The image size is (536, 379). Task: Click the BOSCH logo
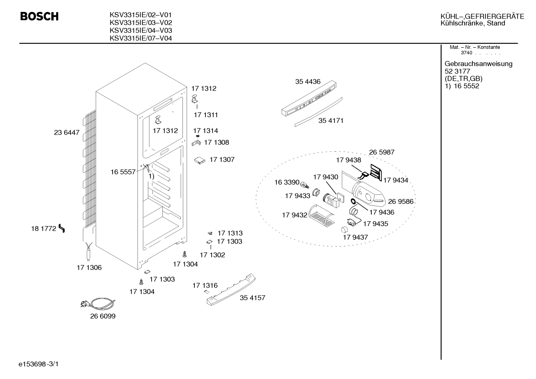click(x=39, y=16)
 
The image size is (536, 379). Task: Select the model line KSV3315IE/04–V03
click(x=141, y=30)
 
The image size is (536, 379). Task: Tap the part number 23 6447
click(x=67, y=132)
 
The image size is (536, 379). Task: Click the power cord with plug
click(x=98, y=303)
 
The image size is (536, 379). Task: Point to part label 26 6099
click(x=103, y=316)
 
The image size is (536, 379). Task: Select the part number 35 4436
click(x=308, y=82)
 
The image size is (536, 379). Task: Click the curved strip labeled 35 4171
click(x=319, y=112)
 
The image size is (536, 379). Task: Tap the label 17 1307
click(x=222, y=160)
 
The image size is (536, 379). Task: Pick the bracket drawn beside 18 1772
click(x=62, y=228)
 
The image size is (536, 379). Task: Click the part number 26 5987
click(x=382, y=152)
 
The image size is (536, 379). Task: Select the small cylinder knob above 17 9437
click(x=345, y=229)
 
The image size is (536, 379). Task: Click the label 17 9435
click(x=376, y=224)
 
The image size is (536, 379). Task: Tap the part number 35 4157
click(x=252, y=298)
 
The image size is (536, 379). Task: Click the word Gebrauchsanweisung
click(x=479, y=64)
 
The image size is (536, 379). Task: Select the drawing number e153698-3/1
click(x=39, y=364)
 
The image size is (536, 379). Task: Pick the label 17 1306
click(x=89, y=267)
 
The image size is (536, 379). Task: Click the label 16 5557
click(x=123, y=172)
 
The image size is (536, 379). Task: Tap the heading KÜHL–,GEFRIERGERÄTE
click(x=482, y=16)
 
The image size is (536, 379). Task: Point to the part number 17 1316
click(x=205, y=285)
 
